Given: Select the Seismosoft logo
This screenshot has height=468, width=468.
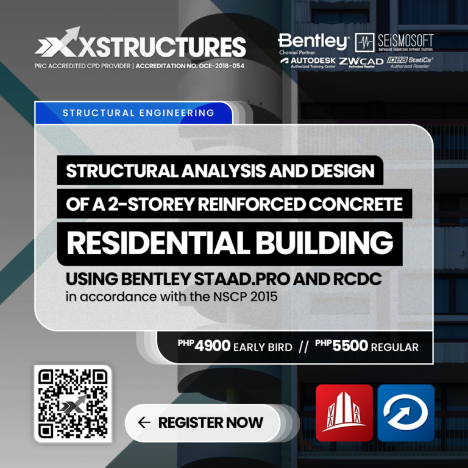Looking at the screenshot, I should point(394,42).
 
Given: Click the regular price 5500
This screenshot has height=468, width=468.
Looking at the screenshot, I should point(350,346).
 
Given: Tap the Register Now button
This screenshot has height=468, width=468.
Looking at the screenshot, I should point(202,422).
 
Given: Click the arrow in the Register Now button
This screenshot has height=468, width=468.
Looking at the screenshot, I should point(144,422).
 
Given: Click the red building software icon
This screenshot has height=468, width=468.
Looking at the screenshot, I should point(344,413).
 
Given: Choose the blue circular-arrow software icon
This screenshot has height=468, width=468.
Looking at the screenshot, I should point(405,413).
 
